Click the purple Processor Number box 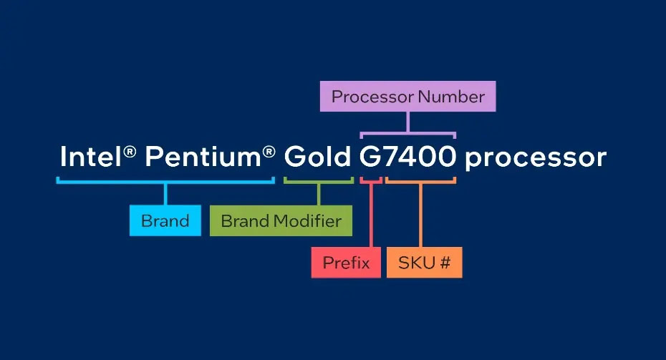pos(407,97)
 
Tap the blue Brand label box pos(165,220)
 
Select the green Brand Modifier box pos(281,220)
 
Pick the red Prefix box pos(346,263)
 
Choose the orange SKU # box pos(425,263)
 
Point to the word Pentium pos(203,157)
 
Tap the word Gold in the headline pos(317,157)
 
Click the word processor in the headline pos(536,159)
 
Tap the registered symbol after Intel pos(130,152)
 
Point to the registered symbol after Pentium pos(269,152)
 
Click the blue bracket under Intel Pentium pos(165,182)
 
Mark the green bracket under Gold pos(319,182)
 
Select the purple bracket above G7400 pos(407,134)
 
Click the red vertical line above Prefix pos(371,215)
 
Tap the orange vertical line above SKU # pos(420,215)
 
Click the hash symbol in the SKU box pos(445,263)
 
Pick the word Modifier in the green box pos(307,220)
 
